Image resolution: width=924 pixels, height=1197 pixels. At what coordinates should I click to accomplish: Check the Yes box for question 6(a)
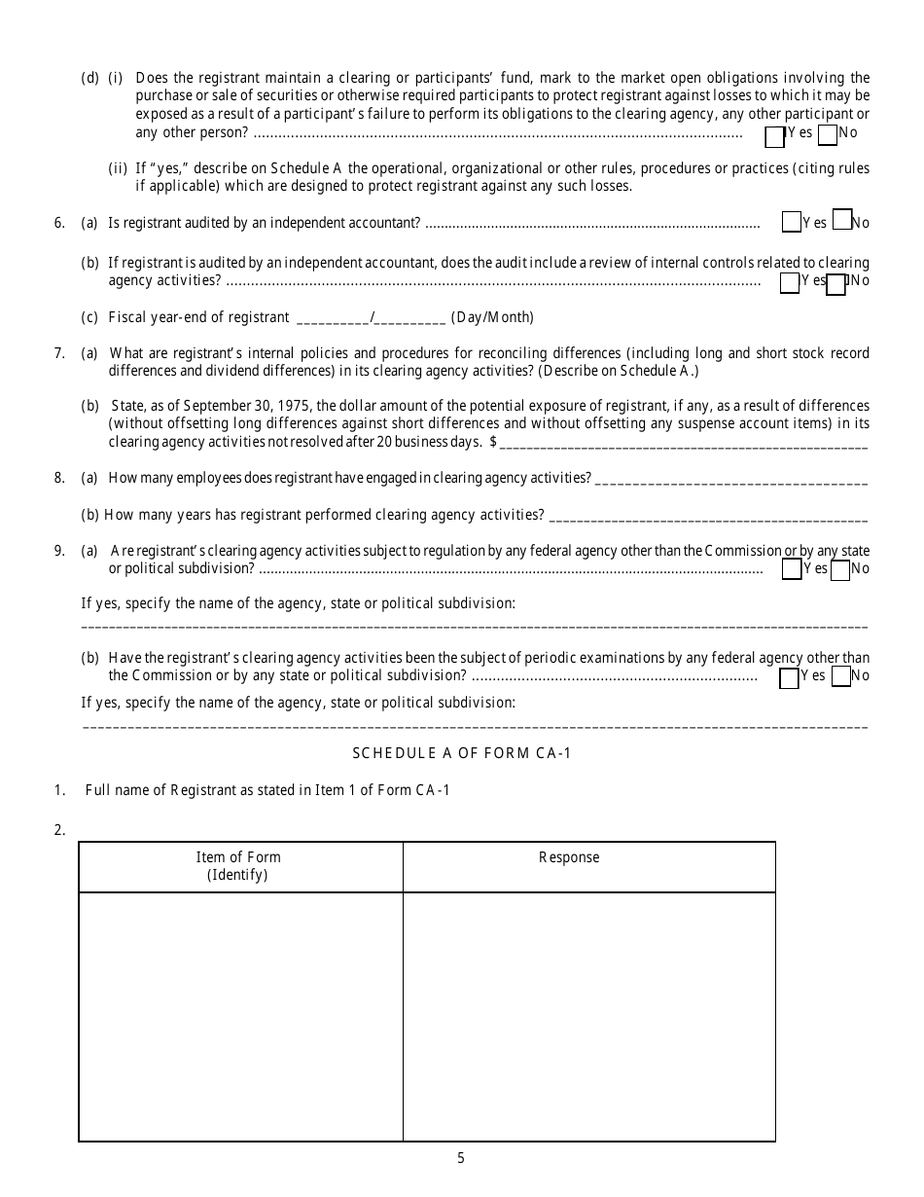(791, 223)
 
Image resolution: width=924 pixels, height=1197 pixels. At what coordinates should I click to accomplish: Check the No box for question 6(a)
(843, 220)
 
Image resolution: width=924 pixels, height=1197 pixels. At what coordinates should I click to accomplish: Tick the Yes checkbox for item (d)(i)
(775, 136)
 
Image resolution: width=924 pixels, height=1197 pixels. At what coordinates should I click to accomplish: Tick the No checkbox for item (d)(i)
(828, 134)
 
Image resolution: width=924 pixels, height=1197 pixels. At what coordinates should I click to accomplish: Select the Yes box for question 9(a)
(791, 569)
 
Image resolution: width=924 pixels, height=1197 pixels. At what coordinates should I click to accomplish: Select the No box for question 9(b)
(840, 675)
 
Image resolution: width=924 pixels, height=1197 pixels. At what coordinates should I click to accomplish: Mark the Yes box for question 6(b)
(789, 282)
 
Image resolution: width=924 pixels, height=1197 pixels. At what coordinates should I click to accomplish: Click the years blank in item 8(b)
(708, 516)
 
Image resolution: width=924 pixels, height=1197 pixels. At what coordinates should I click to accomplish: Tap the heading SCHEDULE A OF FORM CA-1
(461, 753)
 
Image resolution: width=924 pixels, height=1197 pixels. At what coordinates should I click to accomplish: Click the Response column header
(569, 857)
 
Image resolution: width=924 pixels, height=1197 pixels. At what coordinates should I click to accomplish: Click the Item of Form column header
(238, 865)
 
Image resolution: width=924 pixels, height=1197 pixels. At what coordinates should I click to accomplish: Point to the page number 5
(461, 1158)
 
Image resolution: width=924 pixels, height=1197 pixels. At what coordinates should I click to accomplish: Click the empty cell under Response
(588, 1015)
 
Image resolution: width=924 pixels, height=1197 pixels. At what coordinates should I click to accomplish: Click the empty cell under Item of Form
(240, 1015)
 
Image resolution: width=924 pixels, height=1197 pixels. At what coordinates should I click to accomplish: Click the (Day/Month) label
(492, 317)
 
